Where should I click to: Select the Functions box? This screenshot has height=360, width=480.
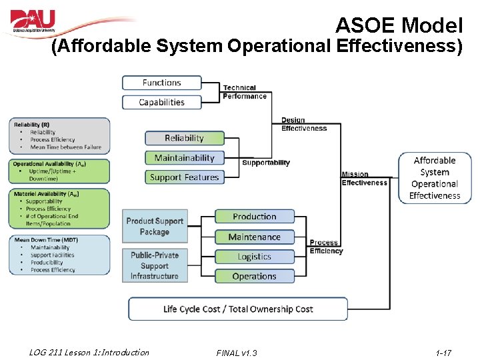(x=161, y=83)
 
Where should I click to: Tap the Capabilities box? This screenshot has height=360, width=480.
(x=161, y=102)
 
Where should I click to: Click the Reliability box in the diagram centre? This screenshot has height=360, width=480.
(x=184, y=138)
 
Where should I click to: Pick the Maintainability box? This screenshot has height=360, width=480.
(x=184, y=158)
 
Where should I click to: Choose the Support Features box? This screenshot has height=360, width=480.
(x=184, y=177)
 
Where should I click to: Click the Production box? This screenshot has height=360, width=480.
(x=254, y=217)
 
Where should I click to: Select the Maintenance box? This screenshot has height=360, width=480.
(x=254, y=237)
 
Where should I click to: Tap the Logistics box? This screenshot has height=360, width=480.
(x=254, y=257)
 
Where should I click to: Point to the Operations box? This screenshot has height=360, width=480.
(x=254, y=276)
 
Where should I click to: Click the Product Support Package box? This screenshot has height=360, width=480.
(x=154, y=227)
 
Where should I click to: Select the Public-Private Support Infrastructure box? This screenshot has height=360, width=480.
(x=154, y=266)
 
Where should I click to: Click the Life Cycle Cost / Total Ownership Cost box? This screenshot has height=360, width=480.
(x=238, y=309)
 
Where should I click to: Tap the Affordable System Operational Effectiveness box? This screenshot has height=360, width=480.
(x=435, y=178)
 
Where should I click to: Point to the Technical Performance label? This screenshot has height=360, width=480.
(x=245, y=92)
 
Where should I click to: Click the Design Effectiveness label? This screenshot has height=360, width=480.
(x=304, y=125)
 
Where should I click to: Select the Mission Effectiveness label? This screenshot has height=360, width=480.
(x=364, y=179)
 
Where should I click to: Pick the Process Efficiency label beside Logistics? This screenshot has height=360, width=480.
(x=326, y=247)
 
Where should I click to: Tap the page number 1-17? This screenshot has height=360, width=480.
(x=443, y=352)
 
